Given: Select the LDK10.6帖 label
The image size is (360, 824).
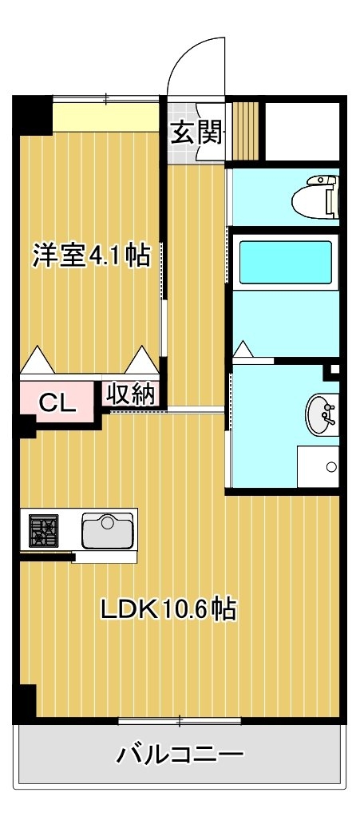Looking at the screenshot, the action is [168, 610].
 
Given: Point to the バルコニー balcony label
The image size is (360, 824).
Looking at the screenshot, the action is [180, 755].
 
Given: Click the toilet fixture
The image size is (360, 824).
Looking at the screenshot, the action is [315, 197].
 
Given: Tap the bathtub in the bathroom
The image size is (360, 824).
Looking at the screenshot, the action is [286, 262].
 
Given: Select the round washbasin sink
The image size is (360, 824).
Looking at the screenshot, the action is [322, 414].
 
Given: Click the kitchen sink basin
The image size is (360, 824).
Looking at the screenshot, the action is [108, 531].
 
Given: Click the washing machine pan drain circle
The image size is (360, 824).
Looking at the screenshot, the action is [331, 466].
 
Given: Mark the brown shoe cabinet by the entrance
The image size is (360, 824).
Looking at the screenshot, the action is [246, 130].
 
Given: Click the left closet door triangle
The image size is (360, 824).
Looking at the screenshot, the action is [37, 360].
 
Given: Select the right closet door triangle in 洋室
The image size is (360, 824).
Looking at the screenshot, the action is [141, 360].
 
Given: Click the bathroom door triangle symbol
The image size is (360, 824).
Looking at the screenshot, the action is [243, 351].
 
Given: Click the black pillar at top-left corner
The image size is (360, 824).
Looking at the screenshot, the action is [32, 115].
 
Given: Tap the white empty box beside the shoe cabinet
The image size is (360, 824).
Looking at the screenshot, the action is [303, 132].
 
